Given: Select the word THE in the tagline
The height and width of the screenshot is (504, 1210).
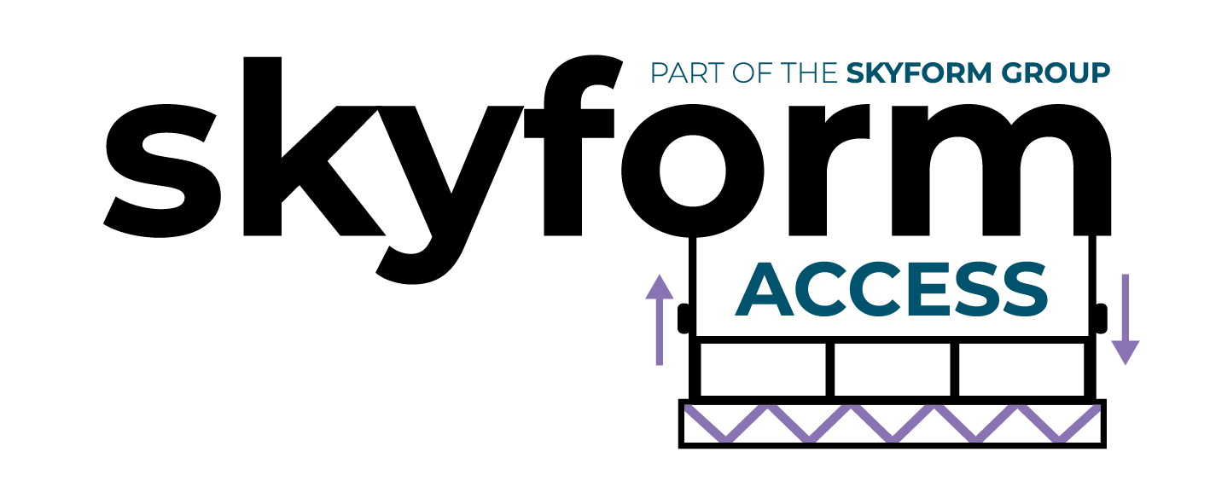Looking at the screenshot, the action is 810,73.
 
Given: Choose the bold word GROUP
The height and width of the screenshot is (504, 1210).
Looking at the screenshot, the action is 1056,73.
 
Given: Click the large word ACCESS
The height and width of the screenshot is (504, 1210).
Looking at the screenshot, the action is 892,291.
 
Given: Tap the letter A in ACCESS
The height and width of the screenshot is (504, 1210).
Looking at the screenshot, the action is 765,291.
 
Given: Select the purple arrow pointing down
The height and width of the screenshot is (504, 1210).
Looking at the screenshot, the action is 1125,320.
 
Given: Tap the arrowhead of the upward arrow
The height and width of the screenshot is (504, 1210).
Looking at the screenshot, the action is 659,287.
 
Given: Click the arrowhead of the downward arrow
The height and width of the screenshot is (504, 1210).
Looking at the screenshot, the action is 1125,352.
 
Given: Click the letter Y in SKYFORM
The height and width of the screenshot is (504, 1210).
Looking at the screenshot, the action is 891,73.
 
